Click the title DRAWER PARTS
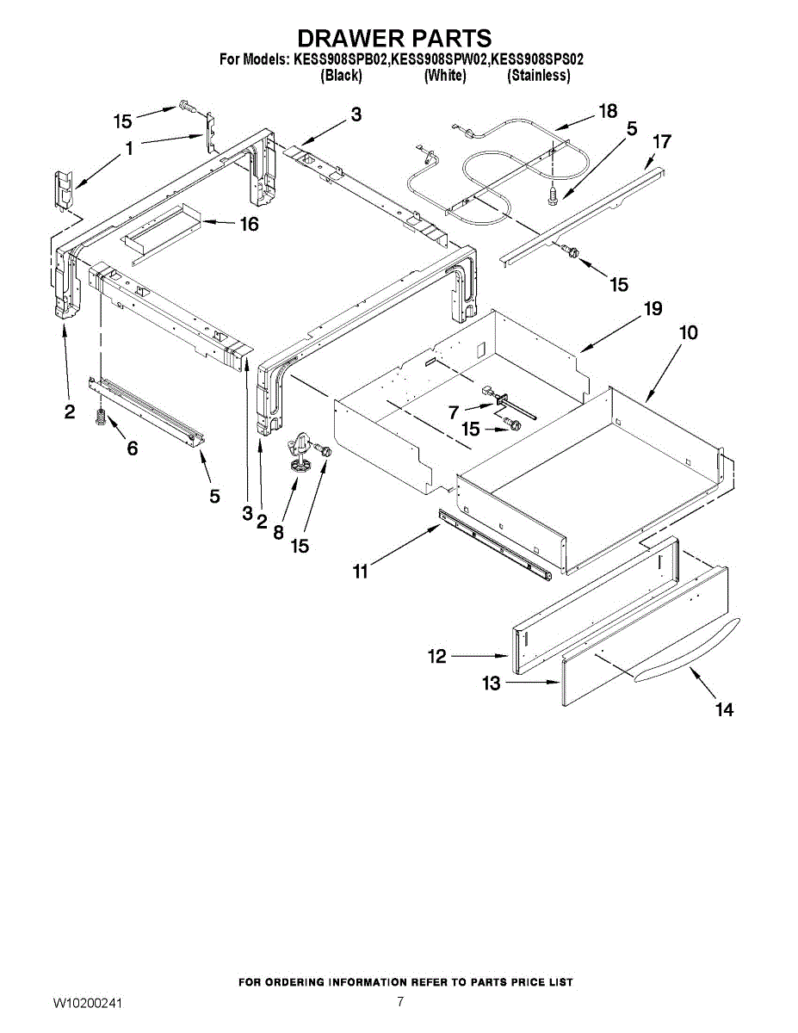(394, 39)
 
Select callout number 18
(608, 111)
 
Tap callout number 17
(662, 141)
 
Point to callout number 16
(249, 225)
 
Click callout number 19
(653, 309)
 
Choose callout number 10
(689, 332)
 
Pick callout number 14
(725, 709)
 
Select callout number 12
(437, 657)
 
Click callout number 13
(491, 684)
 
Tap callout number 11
(360, 570)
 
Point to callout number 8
(278, 533)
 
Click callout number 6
(132, 449)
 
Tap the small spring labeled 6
(100, 419)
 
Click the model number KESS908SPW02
(439, 60)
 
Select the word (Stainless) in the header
(539, 76)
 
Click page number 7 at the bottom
(400, 1001)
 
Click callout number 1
(129, 149)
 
